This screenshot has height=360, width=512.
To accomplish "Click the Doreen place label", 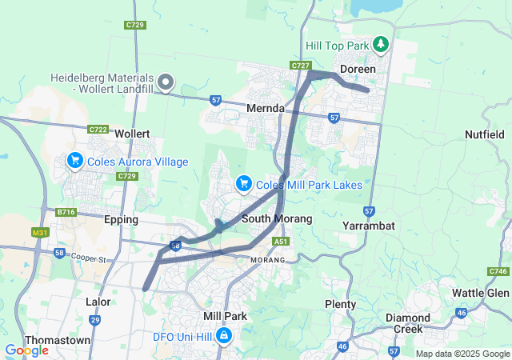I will pyautogui.click(x=357, y=70).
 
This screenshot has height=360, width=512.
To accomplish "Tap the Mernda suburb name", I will pyautogui.click(x=265, y=107).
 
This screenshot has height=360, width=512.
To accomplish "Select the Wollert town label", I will pyautogui.click(x=133, y=133).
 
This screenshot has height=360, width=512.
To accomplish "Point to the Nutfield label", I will pyautogui.click(x=485, y=134).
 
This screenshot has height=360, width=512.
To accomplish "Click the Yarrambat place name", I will pyautogui.click(x=369, y=226).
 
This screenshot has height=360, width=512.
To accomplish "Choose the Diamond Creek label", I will pyautogui.click(x=407, y=323).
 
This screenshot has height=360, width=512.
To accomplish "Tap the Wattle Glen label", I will pyautogui.click(x=480, y=293).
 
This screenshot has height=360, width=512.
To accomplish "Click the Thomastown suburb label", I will pyautogui.click(x=58, y=340).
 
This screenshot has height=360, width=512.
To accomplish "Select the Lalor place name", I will pyautogui.click(x=98, y=302).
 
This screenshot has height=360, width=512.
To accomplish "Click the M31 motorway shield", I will pyautogui.click(x=38, y=233).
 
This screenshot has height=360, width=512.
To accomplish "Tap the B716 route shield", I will pyautogui.click(x=66, y=212).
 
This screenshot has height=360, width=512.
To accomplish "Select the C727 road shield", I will pyautogui.click(x=301, y=65).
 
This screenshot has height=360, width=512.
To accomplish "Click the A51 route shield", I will pyautogui.click(x=280, y=241).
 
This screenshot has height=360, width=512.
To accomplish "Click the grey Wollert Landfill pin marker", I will pyautogui.click(x=166, y=81).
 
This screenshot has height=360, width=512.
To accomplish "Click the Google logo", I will pyautogui.click(x=26, y=350).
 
